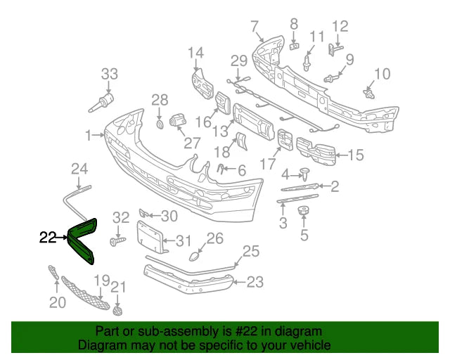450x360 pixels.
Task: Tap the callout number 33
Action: click(x=110, y=75)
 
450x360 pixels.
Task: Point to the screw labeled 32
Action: click(x=117, y=241)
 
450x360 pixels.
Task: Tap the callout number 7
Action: click(x=255, y=27)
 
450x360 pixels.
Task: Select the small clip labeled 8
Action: click(x=295, y=46)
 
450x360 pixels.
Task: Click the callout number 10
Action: click(x=382, y=74)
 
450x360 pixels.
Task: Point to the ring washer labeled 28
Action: click(x=160, y=124)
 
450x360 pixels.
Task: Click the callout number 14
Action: click(x=195, y=52)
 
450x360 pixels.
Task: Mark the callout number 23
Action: click(x=255, y=283)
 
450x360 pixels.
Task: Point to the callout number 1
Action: click(x=89, y=134)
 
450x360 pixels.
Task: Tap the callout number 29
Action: click(x=239, y=61)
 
